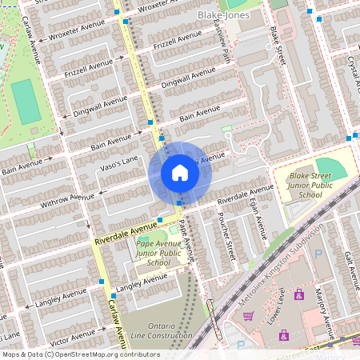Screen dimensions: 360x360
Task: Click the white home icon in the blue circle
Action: pyautogui.click(x=180, y=172)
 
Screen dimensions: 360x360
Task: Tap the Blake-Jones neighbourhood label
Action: pyautogui.click(x=223, y=15)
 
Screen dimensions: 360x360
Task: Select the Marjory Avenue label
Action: pyautogui.click(x=323, y=314)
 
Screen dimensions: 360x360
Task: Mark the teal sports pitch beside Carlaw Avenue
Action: pyautogui.click(x=26, y=101)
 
